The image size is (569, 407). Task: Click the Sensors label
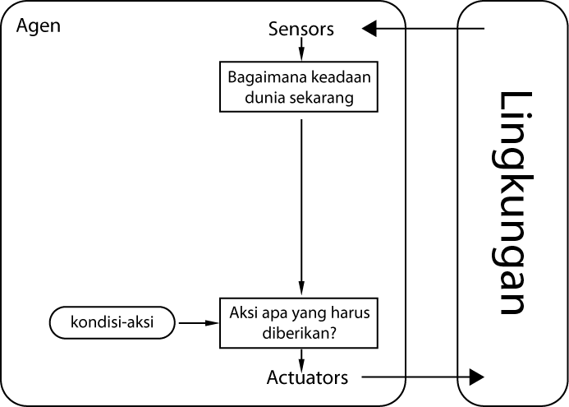(301, 30)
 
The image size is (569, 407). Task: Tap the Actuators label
(307, 377)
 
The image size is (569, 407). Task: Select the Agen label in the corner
(39, 25)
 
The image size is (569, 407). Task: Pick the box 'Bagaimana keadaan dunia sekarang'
(301, 86)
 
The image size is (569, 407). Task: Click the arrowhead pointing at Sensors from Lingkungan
(369, 30)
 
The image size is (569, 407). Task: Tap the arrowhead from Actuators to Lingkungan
(476, 377)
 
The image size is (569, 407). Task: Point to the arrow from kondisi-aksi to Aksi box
(198, 323)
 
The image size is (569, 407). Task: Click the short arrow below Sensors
(301, 51)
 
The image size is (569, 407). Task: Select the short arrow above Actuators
(301, 358)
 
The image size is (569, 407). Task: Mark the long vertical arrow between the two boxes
(301, 206)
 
